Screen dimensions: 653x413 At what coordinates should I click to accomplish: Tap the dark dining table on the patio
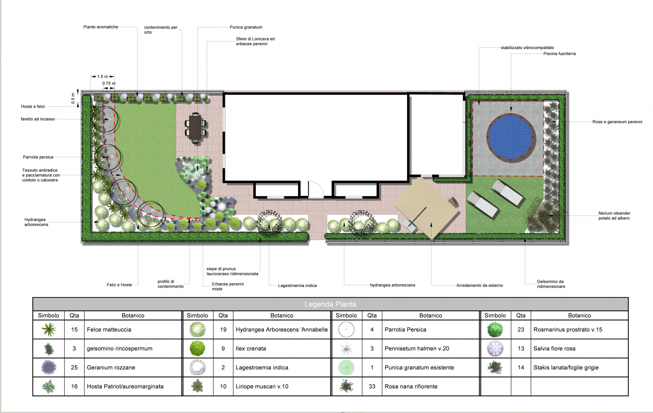point(195,128)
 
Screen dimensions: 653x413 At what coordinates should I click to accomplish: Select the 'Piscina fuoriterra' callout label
point(559,54)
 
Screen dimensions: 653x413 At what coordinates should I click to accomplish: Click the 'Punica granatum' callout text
point(246,27)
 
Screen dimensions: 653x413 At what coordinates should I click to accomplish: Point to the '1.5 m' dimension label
point(103,77)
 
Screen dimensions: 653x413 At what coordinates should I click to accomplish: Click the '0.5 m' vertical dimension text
point(73,98)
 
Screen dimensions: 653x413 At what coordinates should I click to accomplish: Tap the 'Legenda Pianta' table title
point(330,304)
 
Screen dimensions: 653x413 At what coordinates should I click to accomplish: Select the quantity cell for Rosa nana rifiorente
point(372,386)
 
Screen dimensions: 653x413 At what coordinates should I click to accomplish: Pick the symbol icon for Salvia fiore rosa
point(495,348)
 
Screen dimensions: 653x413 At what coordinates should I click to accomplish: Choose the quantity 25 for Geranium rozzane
point(74,367)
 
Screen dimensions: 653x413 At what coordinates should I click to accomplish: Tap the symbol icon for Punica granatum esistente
point(346,367)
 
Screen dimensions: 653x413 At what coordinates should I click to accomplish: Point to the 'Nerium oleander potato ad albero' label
point(614,216)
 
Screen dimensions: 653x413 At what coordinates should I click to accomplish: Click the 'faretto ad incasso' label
point(38,119)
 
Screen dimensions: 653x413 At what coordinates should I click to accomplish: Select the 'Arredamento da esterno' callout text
point(480,285)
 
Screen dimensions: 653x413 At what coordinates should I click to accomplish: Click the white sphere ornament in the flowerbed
point(222,207)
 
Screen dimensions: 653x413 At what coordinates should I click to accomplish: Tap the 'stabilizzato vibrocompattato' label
point(528,48)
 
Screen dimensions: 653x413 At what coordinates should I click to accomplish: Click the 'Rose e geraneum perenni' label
point(617,122)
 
